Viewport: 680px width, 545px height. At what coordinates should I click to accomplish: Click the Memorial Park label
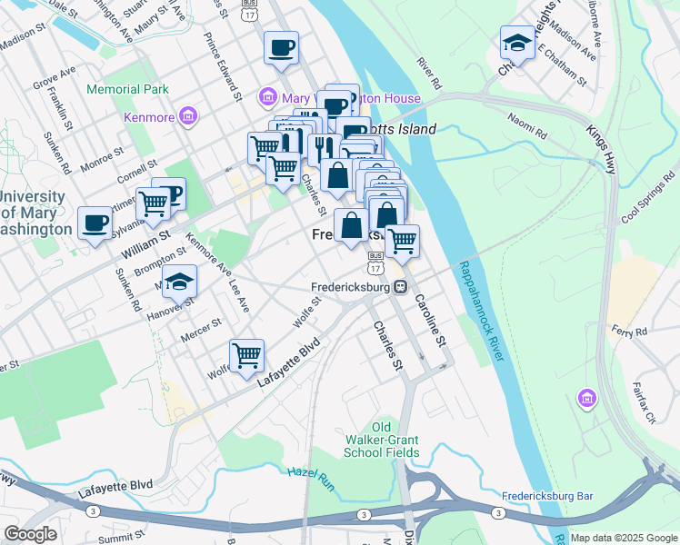128,90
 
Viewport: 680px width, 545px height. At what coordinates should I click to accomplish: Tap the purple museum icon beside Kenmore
188,115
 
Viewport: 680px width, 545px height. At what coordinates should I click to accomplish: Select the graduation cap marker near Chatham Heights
516,43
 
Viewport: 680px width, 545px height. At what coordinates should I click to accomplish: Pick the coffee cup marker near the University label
95,223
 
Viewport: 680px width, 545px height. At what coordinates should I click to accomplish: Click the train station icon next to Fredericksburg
400,286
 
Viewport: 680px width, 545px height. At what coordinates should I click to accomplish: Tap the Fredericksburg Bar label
547,497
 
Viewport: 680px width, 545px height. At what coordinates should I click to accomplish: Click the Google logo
30,534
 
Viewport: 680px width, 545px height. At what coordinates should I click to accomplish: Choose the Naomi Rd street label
527,127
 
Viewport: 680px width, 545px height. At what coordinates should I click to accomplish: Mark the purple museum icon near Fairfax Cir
586,398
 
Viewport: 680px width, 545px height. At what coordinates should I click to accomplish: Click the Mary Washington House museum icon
268,96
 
